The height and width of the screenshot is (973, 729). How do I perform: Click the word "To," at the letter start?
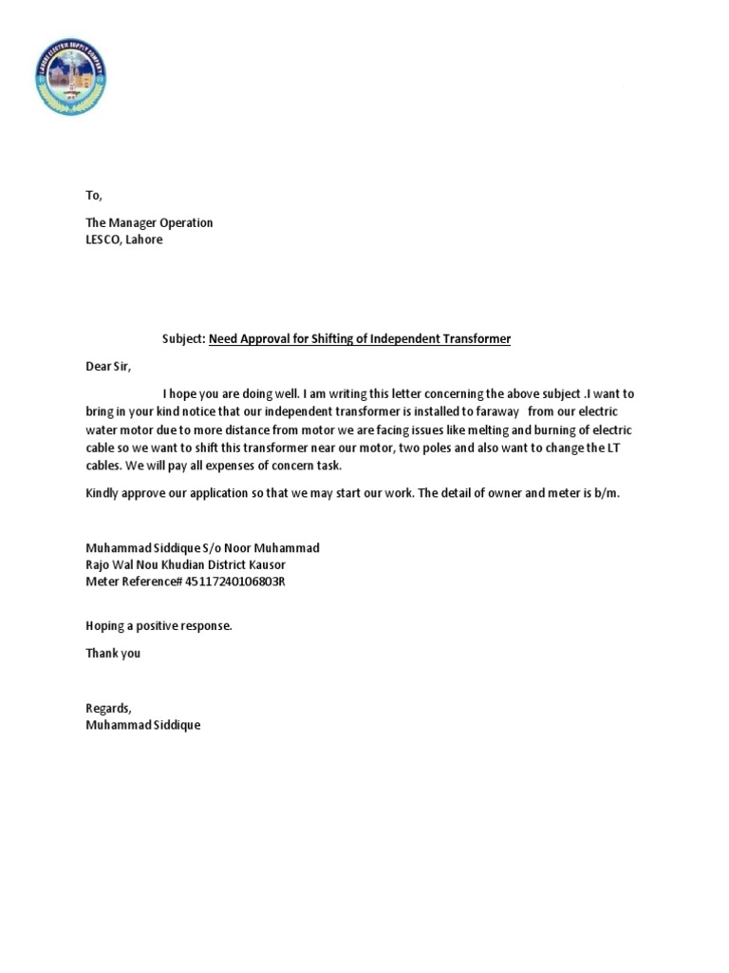(93, 196)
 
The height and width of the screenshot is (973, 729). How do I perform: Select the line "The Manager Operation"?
(149, 222)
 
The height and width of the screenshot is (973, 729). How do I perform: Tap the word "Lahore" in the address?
(144, 239)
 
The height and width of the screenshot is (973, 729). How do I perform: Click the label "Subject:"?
(182, 339)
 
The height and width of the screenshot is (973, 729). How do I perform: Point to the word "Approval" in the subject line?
(267, 339)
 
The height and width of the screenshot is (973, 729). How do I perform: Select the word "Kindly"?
(103, 494)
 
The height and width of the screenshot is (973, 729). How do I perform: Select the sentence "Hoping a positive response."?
(159, 626)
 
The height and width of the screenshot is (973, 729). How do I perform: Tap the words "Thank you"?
(113, 653)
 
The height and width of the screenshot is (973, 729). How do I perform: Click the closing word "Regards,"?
(108, 708)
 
